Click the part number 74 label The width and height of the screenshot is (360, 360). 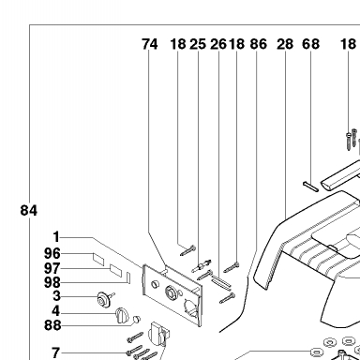150,44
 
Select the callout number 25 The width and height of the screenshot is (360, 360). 198,44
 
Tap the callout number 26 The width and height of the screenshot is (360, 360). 218,44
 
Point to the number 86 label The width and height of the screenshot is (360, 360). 259,44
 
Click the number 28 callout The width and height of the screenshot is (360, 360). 285,44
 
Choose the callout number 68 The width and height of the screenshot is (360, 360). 310,44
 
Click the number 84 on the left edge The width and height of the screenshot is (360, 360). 29,210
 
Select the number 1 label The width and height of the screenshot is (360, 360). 56,237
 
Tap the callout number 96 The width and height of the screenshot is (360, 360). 52,253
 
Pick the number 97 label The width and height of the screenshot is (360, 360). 52,268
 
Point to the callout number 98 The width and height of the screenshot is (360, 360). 52,282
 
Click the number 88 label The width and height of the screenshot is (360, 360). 52,325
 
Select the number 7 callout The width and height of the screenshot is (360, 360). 55,352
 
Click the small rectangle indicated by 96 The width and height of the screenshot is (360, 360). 98,260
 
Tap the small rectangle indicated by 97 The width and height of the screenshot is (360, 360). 115,270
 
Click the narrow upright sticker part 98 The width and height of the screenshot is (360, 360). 127,277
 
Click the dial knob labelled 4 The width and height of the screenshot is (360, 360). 122,316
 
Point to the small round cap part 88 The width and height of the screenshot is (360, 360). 137,319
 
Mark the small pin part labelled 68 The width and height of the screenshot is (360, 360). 310,187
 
